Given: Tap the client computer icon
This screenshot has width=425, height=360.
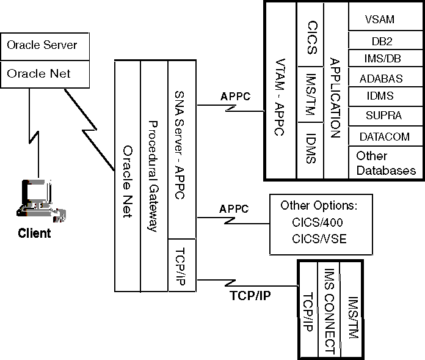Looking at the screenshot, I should [x=36, y=199].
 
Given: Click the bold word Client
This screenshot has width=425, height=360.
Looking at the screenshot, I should [x=34, y=233].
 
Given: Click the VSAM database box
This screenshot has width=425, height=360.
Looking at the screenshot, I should [x=379, y=20].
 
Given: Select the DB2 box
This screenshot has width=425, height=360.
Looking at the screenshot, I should [x=379, y=42].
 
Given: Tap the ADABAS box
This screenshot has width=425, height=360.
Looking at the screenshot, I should [x=379, y=78].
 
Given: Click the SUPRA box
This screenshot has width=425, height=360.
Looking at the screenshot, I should [x=379, y=116].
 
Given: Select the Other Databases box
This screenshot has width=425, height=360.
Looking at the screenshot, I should [x=385, y=163].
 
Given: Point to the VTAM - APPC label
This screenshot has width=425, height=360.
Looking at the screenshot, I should [x=281, y=98].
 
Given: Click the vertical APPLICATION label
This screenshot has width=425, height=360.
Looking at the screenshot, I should [x=334, y=98].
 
